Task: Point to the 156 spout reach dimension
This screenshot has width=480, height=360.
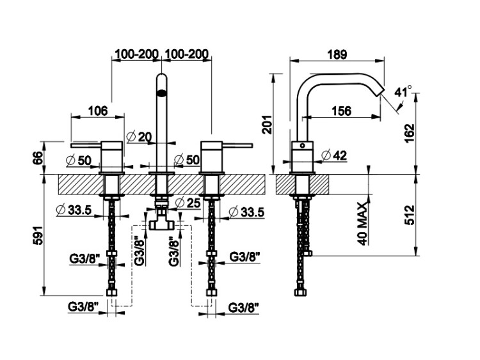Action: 342,111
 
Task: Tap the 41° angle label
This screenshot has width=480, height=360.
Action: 404,91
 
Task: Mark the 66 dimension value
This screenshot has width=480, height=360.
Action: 38,157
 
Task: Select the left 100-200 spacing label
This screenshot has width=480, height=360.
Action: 137,55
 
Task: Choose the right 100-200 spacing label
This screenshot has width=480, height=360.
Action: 188,55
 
